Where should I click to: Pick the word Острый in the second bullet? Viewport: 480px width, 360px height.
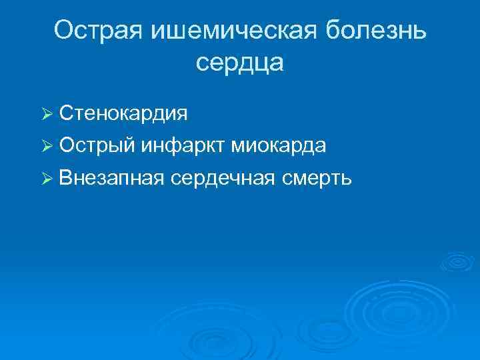[x=97, y=145]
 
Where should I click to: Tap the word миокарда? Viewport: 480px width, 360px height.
[x=278, y=145]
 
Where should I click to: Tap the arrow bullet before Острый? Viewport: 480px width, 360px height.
[x=46, y=146]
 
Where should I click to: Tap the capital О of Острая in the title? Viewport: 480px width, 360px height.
[x=64, y=31]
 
